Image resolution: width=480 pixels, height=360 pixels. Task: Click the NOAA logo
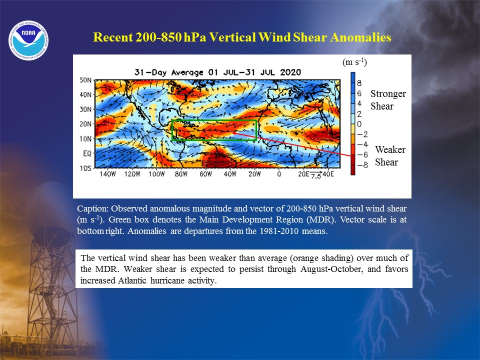click(x=28, y=40)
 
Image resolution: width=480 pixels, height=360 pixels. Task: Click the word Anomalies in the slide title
click(x=360, y=37)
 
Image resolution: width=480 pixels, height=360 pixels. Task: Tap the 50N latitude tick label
click(x=85, y=80)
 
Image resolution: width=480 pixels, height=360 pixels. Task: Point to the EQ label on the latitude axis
click(x=87, y=153)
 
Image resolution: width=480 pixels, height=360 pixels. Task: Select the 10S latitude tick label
click(x=85, y=168)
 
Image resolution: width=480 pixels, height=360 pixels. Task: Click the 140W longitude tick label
click(x=108, y=174)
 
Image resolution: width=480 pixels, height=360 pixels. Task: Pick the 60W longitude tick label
click(x=205, y=174)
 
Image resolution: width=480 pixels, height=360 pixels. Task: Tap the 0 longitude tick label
click(x=279, y=174)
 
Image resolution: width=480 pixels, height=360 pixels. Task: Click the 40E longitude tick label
click(x=328, y=173)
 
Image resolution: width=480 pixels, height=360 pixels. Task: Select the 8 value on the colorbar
click(x=359, y=83)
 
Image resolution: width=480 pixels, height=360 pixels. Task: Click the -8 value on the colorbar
click(x=362, y=165)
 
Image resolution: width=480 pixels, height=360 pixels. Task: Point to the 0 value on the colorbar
click(x=359, y=124)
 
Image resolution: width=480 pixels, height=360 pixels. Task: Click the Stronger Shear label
click(x=388, y=100)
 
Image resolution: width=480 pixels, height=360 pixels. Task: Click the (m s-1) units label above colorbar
click(x=354, y=62)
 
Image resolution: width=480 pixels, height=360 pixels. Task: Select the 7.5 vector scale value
click(x=316, y=176)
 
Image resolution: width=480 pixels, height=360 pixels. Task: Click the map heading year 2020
click(x=290, y=72)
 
